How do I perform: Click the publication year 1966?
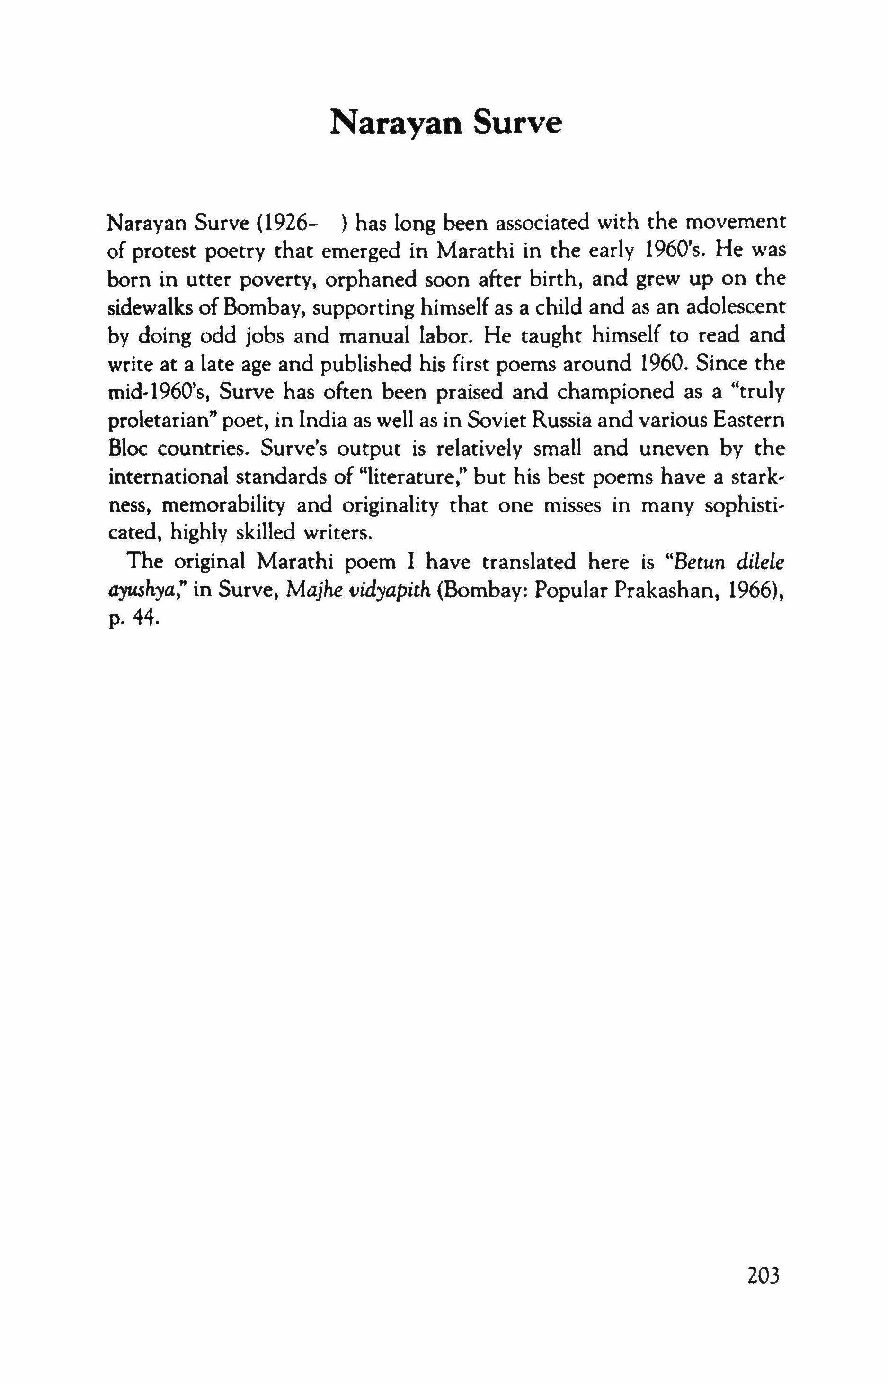(x=754, y=590)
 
